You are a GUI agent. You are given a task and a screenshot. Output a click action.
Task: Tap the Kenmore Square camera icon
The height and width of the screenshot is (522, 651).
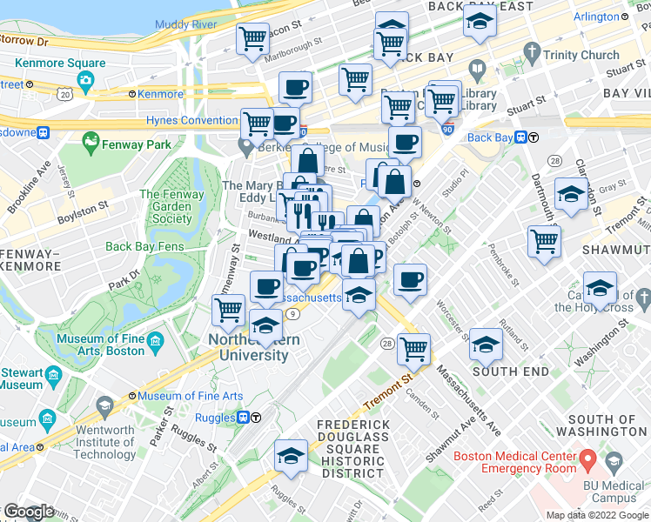tap(85, 82)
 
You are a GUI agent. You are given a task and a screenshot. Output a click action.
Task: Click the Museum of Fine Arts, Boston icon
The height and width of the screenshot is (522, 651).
tap(156, 339)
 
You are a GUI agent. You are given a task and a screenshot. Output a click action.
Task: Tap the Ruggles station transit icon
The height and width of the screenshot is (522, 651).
tap(245, 418)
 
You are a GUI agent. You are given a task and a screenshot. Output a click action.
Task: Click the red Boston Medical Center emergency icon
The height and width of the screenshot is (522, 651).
tap(587, 458)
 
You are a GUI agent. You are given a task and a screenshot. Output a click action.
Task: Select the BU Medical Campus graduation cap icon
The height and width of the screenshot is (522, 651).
tap(613, 462)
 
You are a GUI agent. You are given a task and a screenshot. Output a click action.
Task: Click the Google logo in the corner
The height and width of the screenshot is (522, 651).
tap(29, 512)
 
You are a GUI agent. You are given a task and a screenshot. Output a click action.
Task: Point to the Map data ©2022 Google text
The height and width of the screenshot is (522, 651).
tap(596, 515)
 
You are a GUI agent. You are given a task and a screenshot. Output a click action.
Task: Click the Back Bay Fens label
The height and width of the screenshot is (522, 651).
tap(144, 246)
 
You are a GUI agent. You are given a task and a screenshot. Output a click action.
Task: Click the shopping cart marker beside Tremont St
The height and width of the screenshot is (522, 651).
tap(413, 349)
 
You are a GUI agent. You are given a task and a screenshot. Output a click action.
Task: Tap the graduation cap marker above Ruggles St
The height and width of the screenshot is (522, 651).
tap(290, 455)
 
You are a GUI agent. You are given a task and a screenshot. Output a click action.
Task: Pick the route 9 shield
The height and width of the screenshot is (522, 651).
tap(295, 314)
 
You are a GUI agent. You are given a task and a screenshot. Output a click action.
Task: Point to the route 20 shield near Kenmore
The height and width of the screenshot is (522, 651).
tap(64, 93)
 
